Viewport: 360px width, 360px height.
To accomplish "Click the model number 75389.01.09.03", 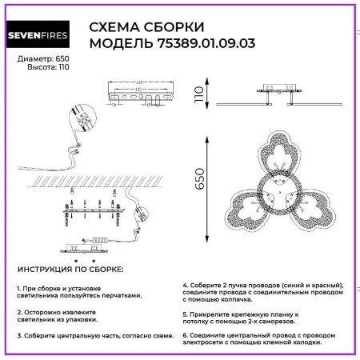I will [x=200, y=43].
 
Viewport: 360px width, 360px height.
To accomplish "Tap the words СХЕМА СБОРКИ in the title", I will [x=146, y=26].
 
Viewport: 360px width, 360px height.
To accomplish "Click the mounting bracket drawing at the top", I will [x=144, y=94].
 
